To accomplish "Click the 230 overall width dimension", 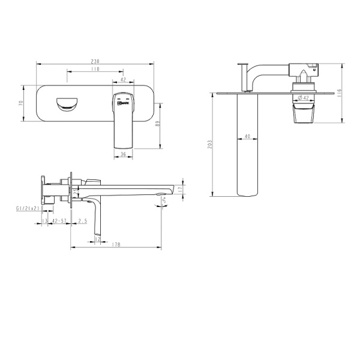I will click(95, 61).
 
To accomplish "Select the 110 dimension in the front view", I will click(95, 70).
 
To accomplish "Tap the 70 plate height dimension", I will click(21, 103).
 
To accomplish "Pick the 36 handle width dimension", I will click(123, 154).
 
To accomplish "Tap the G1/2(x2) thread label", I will click(28, 208).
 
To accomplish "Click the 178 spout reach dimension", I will click(116, 244).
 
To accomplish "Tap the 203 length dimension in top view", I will click(210, 145).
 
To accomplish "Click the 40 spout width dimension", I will click(247, 136).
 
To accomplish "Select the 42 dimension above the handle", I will click(123, 79).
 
